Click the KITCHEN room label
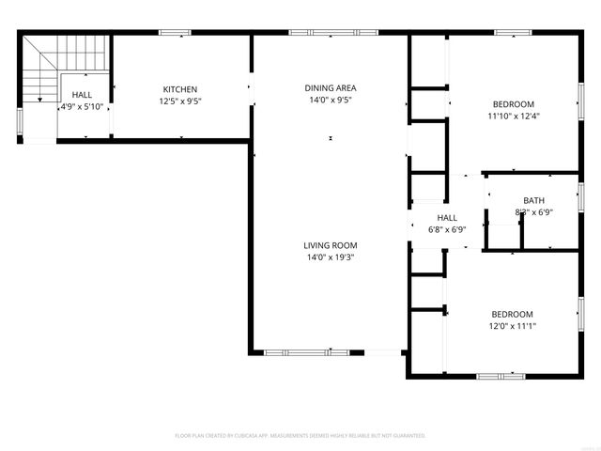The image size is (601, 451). click(x=180, y=88)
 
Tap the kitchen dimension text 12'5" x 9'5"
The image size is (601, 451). click(x=180, y=101)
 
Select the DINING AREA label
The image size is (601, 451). click(x=331, y=88)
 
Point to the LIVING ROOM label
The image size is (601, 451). click(x=331, y=245)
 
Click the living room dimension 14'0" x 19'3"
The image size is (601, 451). click(x=331, y=257)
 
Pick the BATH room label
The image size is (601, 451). click(x=533, y=200)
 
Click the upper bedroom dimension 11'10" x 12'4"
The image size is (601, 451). click(x=514, y=117)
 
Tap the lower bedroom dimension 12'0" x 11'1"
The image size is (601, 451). click(x=513, y=326)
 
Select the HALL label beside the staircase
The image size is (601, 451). click(x=83, y=95)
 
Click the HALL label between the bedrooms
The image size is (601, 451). click(x=447, y=218)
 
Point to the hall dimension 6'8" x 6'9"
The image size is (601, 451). click(x=447, y=229)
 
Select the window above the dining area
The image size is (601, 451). click(x=330, y=33)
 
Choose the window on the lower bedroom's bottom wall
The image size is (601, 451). click(x=501, y=376)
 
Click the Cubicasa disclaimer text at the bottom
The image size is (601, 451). click(x=300, y=436)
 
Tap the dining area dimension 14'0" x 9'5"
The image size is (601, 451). click(x=331, y=101)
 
